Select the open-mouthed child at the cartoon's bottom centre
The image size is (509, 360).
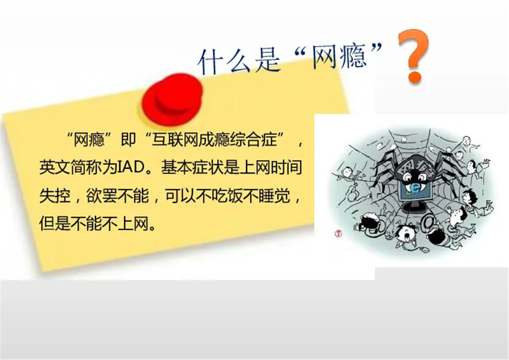pos(406,233)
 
